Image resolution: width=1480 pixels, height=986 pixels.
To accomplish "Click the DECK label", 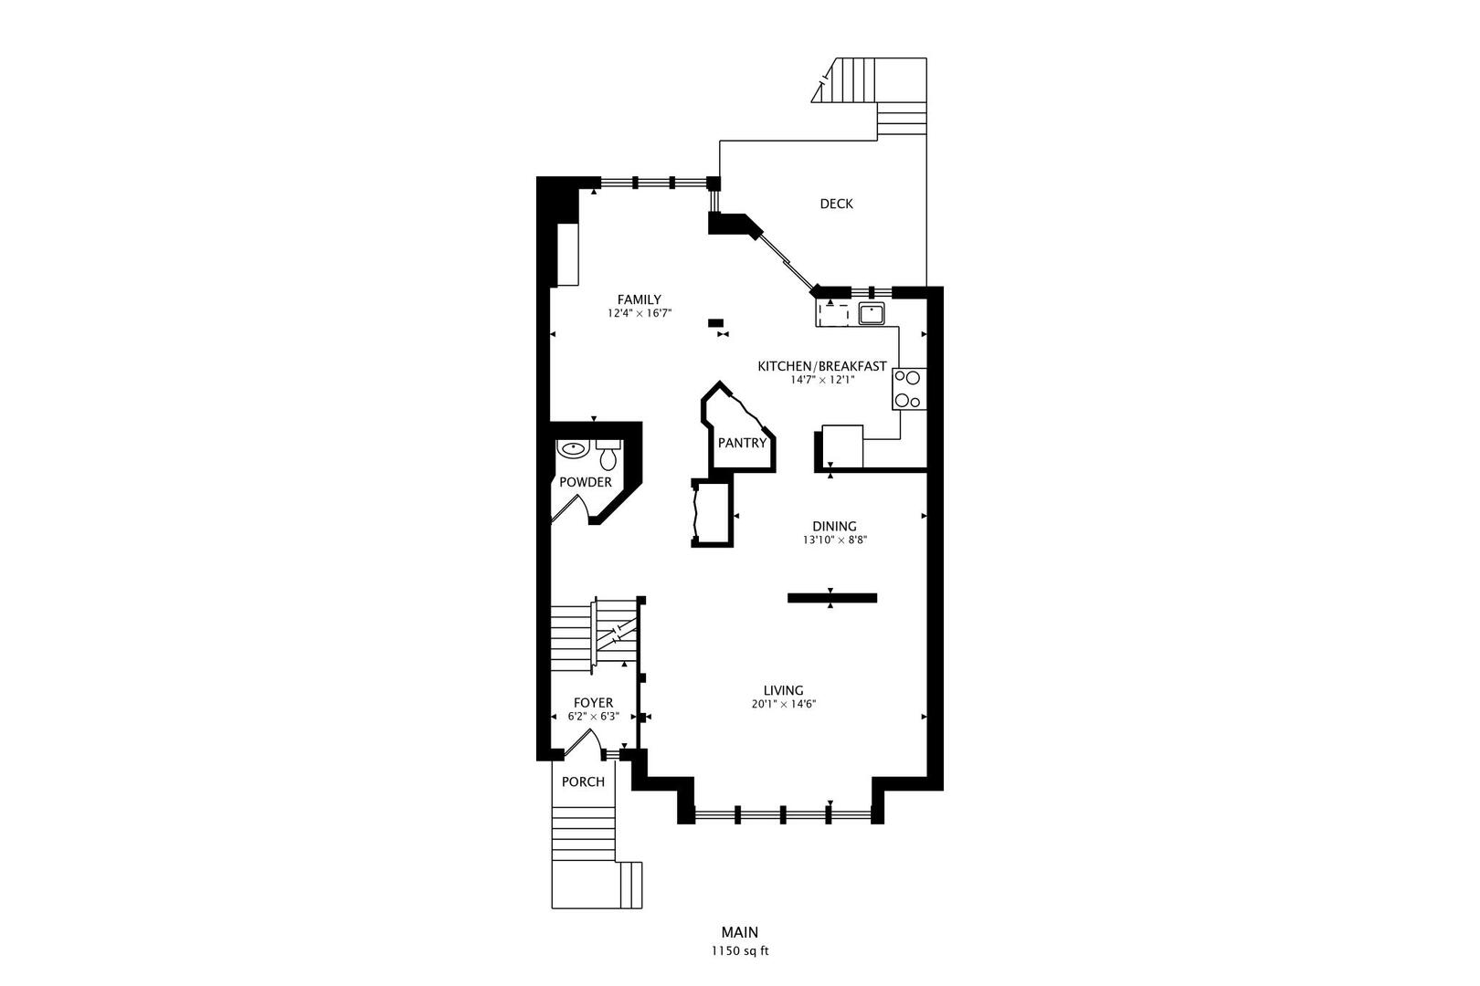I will (836, 204).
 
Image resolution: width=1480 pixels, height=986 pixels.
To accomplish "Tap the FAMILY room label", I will (639, 299).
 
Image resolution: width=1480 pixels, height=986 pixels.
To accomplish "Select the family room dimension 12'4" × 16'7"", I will (640, 313).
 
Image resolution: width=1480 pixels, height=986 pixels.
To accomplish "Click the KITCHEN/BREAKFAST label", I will (821, 366).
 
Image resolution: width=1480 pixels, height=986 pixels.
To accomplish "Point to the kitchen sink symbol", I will (872, 315).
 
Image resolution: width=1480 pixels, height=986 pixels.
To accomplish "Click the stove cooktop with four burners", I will (908, 388).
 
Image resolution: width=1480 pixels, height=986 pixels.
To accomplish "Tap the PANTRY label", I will (742, 443).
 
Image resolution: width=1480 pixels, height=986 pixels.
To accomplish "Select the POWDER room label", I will (586, 482).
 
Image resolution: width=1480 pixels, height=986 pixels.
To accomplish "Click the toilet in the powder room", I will (608, 456).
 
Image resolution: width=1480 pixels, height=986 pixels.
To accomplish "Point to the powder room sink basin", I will (573, 449).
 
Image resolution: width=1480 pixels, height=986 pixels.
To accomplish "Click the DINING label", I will (834, 526).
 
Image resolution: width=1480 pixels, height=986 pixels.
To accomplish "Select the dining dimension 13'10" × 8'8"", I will (834, 540).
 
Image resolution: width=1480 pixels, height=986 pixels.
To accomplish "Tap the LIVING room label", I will (783, 690).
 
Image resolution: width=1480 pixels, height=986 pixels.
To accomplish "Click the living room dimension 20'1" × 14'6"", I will (783, 704).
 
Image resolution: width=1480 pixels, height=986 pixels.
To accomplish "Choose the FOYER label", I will (593, 703).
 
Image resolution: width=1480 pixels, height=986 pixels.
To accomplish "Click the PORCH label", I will (583, 781).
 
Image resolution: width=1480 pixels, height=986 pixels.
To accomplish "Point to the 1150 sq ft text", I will (740, 950).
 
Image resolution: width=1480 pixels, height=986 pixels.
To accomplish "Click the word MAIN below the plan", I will (739, 932).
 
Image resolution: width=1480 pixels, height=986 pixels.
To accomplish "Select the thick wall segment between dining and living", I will (831, 598).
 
